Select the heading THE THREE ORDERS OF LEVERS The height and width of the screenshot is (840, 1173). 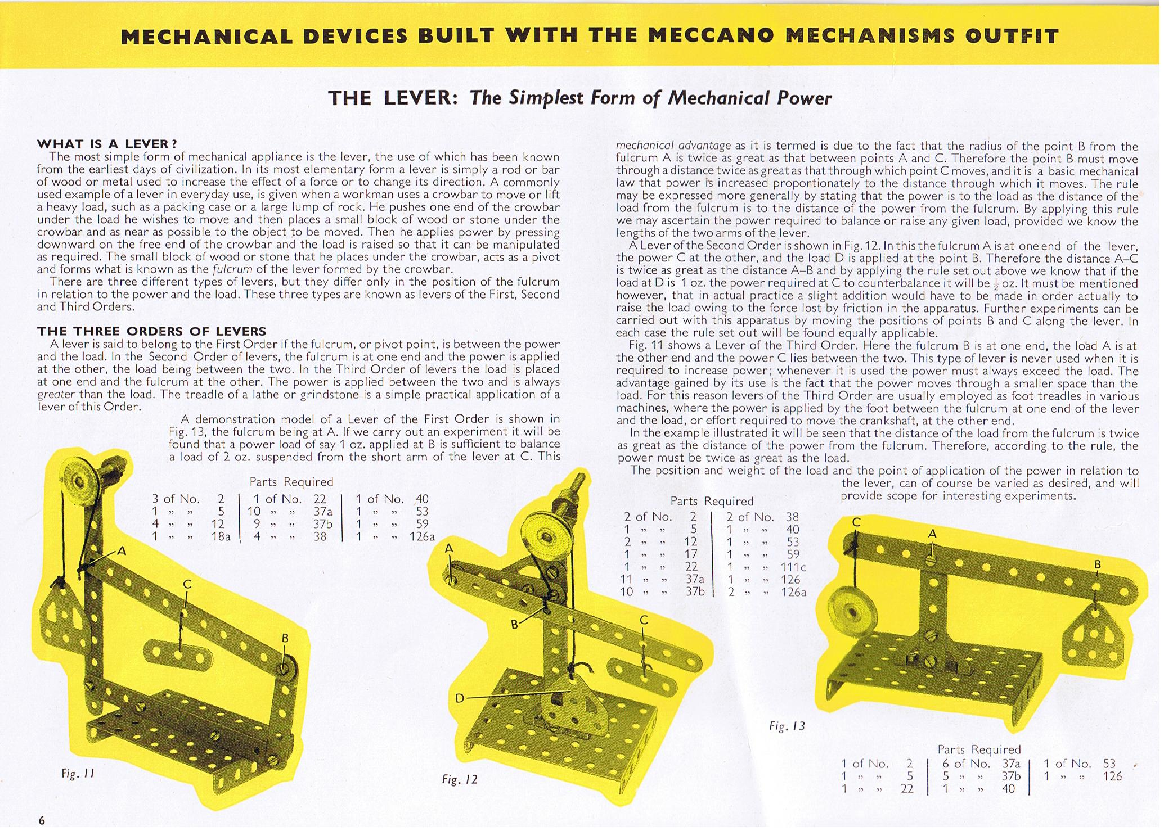click(151, 331)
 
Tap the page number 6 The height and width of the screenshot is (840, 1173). click(42, 820)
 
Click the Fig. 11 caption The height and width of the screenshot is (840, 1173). click(78, 774)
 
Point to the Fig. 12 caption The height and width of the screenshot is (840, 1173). click(459, 779)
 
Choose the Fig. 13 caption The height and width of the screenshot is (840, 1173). click(787, 726)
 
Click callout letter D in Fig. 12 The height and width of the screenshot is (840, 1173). click(460, 698)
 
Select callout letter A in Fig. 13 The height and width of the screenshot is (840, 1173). click(932, 534)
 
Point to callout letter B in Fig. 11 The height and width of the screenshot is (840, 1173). click(285, 638)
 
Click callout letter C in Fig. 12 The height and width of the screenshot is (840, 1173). click(644, 620)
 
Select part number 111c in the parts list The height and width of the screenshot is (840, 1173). click(793, 567)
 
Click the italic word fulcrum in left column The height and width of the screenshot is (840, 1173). click(228, 269)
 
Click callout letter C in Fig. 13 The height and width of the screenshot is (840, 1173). click(856, 522)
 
